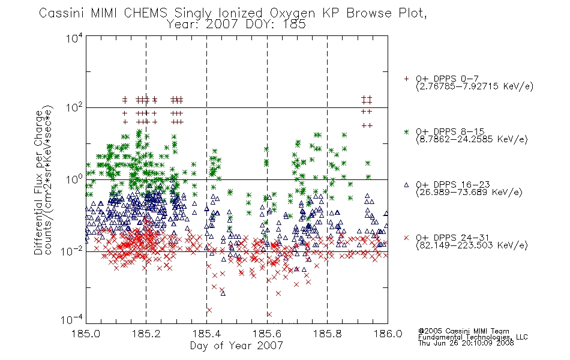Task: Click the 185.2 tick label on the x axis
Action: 146,334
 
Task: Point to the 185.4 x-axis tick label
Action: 206,334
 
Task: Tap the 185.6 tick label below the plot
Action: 267,334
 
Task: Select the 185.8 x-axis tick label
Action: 327,334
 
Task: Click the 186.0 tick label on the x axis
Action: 388,334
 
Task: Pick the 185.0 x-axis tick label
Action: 86,334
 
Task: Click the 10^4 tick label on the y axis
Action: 74,38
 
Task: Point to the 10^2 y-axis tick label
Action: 74,107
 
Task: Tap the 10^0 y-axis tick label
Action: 74,179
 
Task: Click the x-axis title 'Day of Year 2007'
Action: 236,346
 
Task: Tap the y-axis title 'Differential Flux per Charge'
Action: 38,182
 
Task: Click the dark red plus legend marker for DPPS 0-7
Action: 406,79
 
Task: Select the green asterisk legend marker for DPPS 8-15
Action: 406,131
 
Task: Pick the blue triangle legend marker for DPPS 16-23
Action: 406,185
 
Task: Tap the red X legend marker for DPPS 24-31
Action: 406,238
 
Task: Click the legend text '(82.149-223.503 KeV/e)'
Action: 472,245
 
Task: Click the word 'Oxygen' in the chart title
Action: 292,13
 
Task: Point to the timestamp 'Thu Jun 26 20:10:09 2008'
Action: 466,343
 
